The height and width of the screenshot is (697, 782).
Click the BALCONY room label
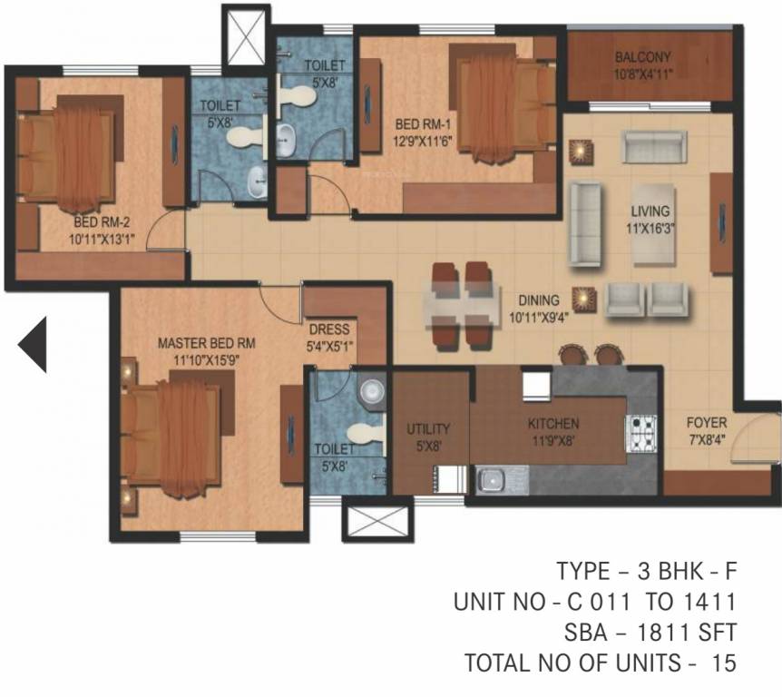[x=643, y=56]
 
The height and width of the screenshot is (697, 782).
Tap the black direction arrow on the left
[x=33, y=345]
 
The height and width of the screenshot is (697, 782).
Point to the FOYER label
[x=706, y=423]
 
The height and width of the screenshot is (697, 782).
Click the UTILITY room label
[x=428, y=428]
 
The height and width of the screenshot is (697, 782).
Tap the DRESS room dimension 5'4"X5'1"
[x=329, y=346]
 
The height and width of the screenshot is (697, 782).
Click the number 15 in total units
[x=723, y=663]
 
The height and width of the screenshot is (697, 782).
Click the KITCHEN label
[x=553, y=423]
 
